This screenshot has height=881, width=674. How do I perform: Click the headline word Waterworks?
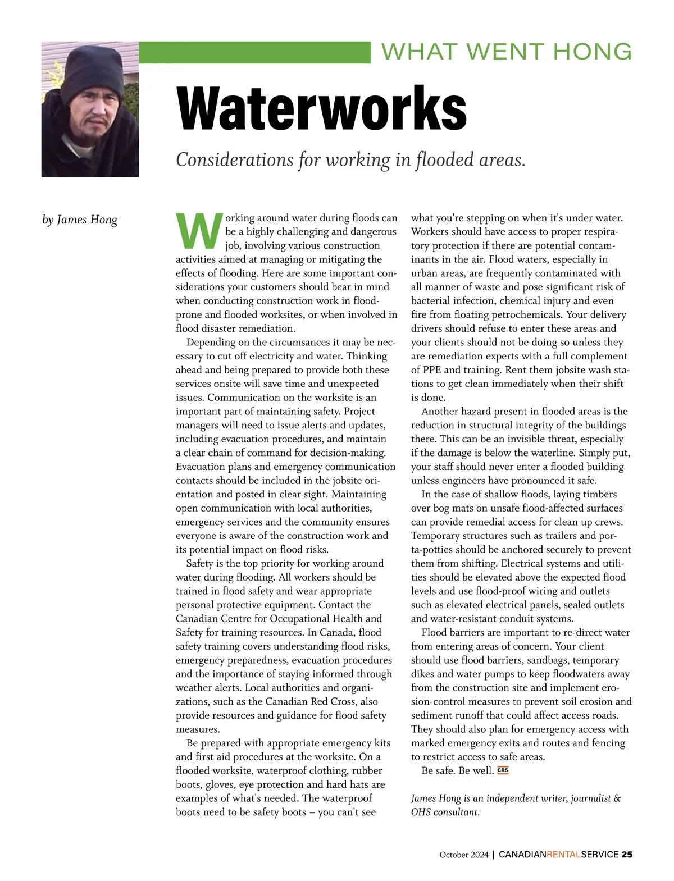[x=321, y=108]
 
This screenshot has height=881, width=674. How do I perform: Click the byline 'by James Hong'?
[x=80, y=220]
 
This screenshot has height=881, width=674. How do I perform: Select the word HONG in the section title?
[x=592, y=52]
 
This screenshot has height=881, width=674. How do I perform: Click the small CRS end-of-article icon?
[x=503, y=770]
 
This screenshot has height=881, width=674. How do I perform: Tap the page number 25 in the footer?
[x=627, y=855]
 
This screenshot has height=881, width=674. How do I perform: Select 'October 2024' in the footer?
[x=464, y=855]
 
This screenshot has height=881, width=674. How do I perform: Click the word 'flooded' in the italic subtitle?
[x=444, y=160]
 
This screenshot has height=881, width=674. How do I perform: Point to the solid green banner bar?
[x=254, y=52]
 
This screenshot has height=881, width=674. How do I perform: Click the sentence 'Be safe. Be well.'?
[x=457, y=770]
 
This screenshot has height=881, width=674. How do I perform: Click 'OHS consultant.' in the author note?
[x=445, y=812]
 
